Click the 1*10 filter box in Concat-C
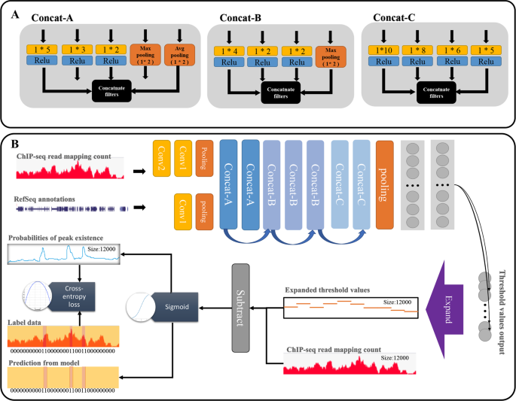click(x=384, y=50)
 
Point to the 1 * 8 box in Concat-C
click(x=420, y=50)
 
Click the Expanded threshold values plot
click(x=349, y=306)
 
